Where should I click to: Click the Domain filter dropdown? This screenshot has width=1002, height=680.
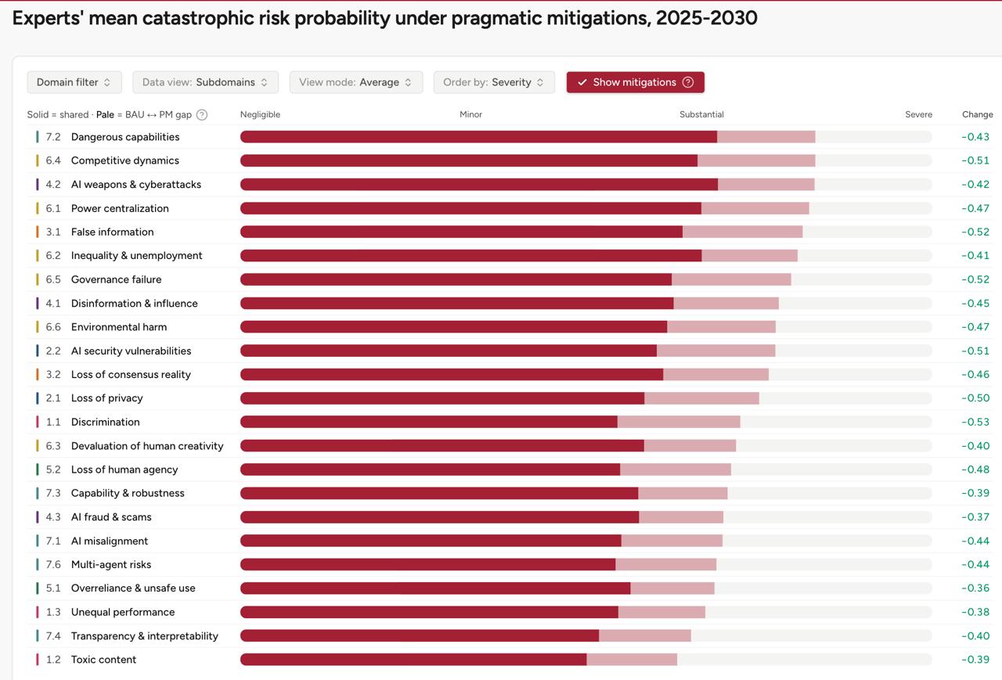click(74, 82)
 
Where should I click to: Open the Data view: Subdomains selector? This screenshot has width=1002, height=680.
click(205, 82)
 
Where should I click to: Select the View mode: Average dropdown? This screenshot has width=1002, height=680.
click(356, 82)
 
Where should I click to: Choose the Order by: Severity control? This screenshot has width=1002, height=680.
click(494, 82)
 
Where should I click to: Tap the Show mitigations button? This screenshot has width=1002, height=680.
click(635, 82)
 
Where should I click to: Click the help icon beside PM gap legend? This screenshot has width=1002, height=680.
click(202, 115)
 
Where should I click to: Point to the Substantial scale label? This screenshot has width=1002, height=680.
click(701, 114)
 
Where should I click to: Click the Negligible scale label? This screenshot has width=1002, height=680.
click(260, 114)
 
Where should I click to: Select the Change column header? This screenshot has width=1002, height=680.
click(978, 114)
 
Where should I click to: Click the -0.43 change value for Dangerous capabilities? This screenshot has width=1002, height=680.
click(975, 137)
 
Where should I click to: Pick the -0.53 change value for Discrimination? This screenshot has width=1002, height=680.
click(975, 422)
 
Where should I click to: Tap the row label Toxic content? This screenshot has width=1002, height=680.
click(103, 660)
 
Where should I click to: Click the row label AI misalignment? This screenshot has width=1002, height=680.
click(109, 541)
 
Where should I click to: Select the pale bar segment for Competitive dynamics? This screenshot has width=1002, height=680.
click(756, 160)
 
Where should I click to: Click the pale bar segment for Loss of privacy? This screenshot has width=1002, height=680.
click(702, 398)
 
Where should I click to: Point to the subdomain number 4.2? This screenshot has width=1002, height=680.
click(52, 185)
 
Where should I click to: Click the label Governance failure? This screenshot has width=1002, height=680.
click(117, 279)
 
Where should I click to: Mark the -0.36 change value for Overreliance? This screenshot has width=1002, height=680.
click(975, 588)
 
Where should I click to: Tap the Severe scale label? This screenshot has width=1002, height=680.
click(919, 114)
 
